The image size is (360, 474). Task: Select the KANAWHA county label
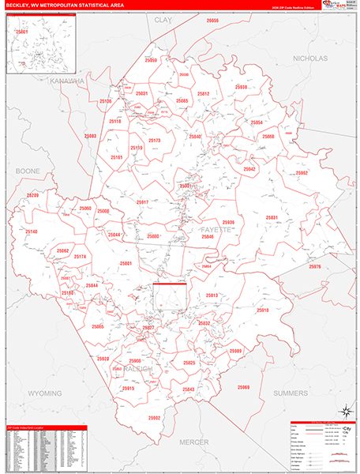[x=66, y=81]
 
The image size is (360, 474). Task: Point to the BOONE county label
[x=28, y=171]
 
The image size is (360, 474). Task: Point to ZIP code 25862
[x=302, y=173]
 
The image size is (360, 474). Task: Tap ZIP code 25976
[x=316, y=268]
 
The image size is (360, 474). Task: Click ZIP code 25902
[x=154, y=418]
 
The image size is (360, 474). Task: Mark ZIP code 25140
[x=32, y=231]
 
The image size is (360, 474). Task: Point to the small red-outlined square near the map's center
[x=170, y=296]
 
